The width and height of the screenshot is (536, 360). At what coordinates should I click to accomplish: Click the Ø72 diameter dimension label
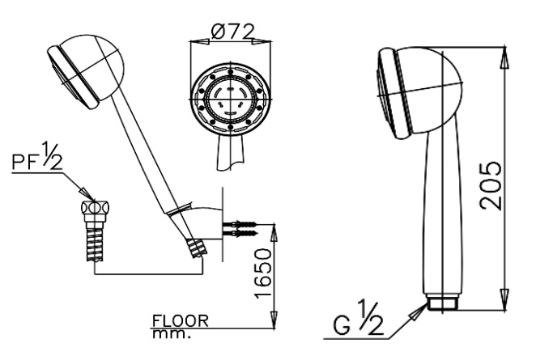pyautogui.click(x=233, y=32)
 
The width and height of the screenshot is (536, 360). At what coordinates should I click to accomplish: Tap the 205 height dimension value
pyautogui.click(x=491, y=186)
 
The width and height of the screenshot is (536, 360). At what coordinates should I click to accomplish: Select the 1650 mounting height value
pyautogui.click(x=263, y=273)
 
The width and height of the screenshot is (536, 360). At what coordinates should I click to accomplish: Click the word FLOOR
pyautogui.click(x=180, y=321)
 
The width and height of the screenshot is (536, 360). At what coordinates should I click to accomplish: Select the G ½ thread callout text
pyautogui.click(x=358, y=320)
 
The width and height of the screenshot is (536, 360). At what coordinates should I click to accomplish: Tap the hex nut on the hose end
pyautogui.click(x=96, y=208)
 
